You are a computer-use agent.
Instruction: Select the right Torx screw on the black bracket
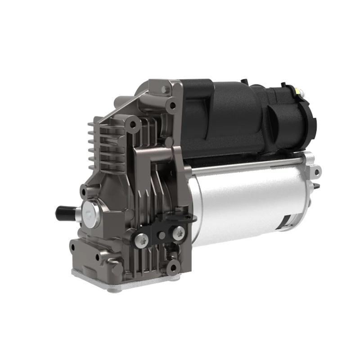click(x=179, y=232)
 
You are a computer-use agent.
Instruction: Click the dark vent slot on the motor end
click(x=284, y=220)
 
